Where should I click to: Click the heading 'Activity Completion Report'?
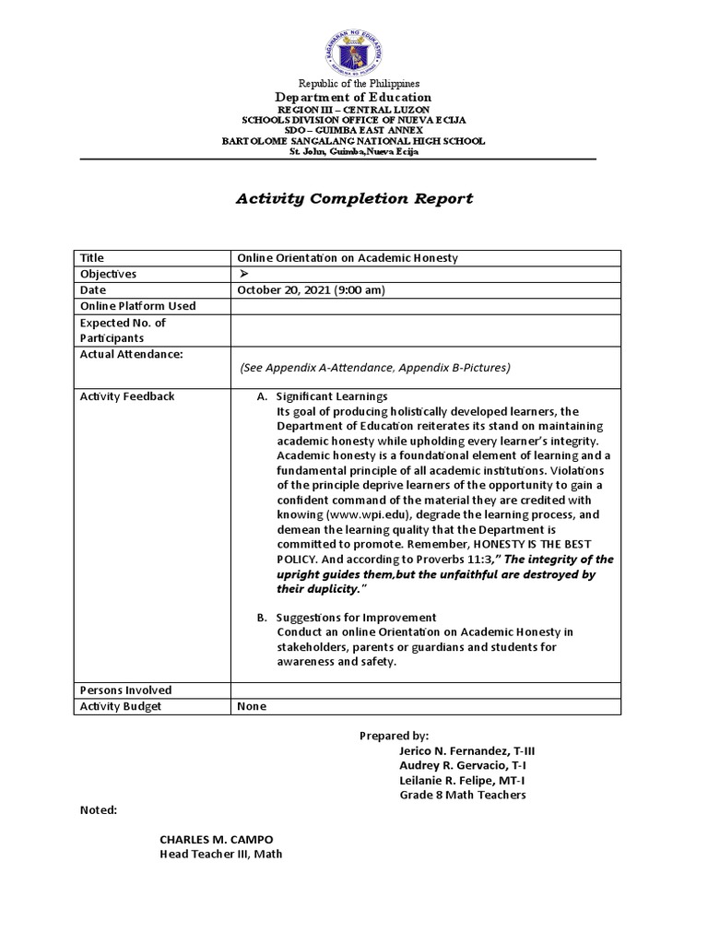coord(354,198)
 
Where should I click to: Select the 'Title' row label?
coord(93,258)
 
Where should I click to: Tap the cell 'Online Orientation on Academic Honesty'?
coord(348,258)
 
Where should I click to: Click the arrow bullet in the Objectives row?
coord(244,274)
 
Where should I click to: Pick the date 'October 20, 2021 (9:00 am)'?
coord(311,289)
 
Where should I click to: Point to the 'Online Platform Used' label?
coord(138,305)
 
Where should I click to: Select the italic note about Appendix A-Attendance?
coord(374,367)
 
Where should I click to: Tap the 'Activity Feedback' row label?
coord(127,396)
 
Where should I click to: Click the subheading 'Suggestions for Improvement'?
coord(356,617)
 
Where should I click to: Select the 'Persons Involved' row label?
coord(126,690)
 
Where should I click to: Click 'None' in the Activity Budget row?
coord(252,706)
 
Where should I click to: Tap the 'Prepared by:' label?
coord(394,736)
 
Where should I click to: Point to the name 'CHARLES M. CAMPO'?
coord(217,839)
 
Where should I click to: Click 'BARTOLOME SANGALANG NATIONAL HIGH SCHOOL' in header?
coord(353,141)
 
